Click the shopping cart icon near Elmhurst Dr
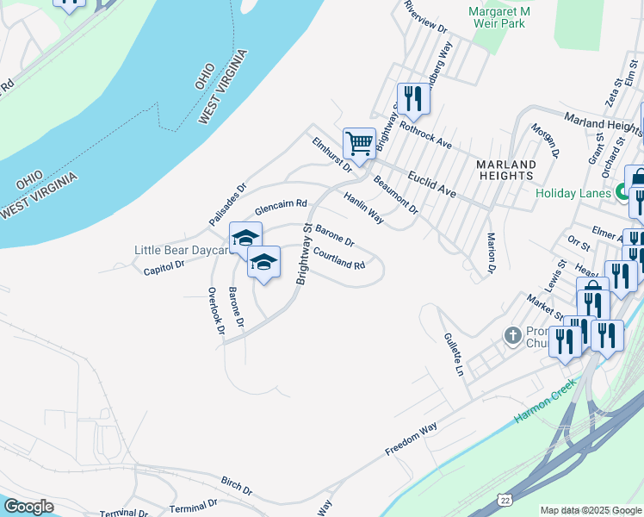click(x=358, y=142)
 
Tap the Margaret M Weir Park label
click(x=497, y=17)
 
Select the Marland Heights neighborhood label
click(x=505, y=169)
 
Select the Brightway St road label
click(x=304, y=253)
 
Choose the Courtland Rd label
click(x=340, y=258)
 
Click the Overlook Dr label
click(x=215, y=309)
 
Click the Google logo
click(x=28, y=507)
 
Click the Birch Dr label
click(x=236, y=485)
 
